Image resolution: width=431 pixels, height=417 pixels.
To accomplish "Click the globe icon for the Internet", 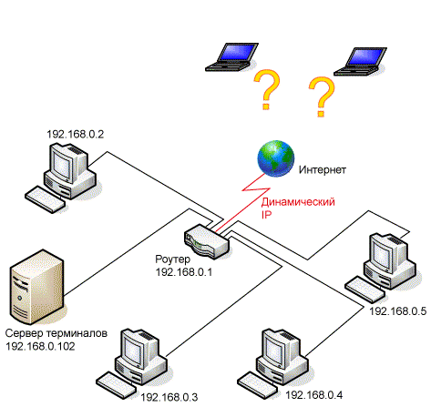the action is click(x=276, y=158).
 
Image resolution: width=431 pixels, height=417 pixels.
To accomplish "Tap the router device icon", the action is click(x=207, y=241).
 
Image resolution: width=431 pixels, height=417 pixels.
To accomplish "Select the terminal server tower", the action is click(x=37, y=287).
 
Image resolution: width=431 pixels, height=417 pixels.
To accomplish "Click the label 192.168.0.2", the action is click(x=76, y=134).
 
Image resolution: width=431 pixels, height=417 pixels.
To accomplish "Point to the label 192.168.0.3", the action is click(x=169, y=397).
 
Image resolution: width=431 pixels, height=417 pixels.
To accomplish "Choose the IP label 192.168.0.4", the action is click(x=314, y=395).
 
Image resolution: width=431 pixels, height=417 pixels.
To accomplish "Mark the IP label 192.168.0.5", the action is click(x=398, y=311).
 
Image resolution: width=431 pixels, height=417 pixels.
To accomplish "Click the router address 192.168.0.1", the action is click(x=184, y=272).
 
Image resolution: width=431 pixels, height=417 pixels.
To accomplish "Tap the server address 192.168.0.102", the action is click(x=40, y=346).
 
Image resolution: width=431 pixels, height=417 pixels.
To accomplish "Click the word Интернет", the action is click(x=323, y=169).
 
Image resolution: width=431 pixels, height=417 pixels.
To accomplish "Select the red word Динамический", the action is click(x=298, y=202).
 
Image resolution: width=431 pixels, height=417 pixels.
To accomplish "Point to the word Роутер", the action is click(x=173, y=259).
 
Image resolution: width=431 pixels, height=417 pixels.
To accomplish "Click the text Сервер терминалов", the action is click(x=56, y=333).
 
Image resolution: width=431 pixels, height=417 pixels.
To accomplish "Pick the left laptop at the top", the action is click(x=231, y=57).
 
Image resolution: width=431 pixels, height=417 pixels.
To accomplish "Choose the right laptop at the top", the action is click(x=361, y=62).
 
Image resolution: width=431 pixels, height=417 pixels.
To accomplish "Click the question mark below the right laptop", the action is click(x=322, y=97).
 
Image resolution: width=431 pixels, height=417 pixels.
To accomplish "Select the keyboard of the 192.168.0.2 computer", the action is click(x=45, y=199).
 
